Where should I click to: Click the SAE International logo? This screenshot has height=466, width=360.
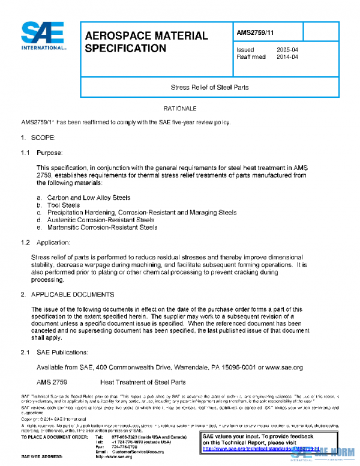43,37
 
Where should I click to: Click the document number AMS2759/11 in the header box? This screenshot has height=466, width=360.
257,32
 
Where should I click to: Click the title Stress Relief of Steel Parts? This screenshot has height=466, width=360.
210,88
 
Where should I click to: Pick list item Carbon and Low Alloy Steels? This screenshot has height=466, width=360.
88,198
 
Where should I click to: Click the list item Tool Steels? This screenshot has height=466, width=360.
63,205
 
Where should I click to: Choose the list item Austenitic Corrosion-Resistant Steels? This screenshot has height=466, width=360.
100,220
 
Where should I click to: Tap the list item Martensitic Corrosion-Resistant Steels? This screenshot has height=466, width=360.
102,228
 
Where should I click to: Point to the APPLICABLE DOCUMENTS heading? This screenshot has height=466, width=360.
72,294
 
